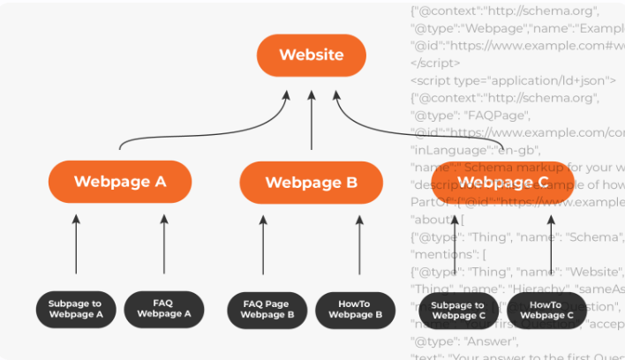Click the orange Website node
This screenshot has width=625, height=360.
(311, 55)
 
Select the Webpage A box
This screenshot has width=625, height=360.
(120, 182)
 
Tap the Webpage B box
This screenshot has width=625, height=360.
(312, 183)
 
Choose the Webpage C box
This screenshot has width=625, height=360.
(502, 183)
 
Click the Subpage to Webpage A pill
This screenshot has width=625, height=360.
(76, 308)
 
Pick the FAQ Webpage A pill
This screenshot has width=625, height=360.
(164, 308)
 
